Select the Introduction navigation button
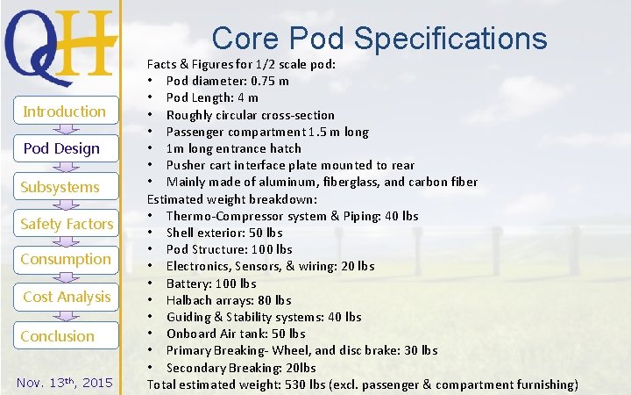click(64, 111)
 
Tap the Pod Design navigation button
click(61, 148)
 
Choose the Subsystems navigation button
click(60, 187)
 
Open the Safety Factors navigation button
click(67, 224)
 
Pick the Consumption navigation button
click(66, 259)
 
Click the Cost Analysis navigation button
click(67, 297)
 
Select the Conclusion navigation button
click(58, 336)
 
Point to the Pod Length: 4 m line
click(212, 97)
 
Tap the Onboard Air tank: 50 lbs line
click(236, 333)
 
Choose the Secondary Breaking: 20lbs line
click(241, 367)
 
